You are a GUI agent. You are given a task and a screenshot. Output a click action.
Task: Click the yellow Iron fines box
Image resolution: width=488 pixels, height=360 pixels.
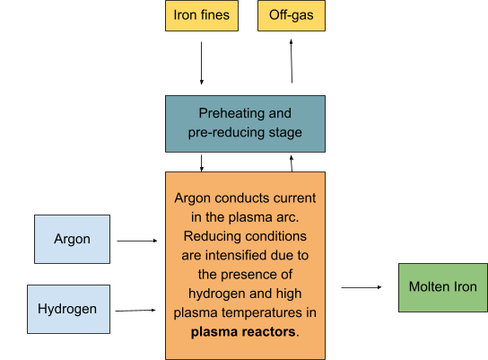coord(202,15)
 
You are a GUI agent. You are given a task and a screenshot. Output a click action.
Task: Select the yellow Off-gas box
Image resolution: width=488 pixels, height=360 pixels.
coord(291,15)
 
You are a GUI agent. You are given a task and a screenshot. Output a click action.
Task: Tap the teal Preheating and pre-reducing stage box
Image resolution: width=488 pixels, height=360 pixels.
coord(245,124)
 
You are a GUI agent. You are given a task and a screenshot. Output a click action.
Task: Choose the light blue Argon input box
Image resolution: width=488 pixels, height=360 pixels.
coord(72,240)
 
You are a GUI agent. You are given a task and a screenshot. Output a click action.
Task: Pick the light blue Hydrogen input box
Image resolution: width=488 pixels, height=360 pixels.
coord(67,309)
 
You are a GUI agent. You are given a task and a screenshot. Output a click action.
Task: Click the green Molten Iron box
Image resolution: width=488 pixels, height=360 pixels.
coord(442,287)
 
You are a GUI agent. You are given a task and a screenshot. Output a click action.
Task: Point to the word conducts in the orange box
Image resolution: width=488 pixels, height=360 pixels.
coord(248,196)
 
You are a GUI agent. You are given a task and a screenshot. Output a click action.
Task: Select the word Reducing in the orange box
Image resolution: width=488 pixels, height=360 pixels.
coord(211,235)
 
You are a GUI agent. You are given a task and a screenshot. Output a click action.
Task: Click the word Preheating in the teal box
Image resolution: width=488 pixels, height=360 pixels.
coord(231,114)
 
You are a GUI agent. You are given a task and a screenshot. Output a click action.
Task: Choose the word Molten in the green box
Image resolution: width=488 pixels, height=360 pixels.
coord(429,287)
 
